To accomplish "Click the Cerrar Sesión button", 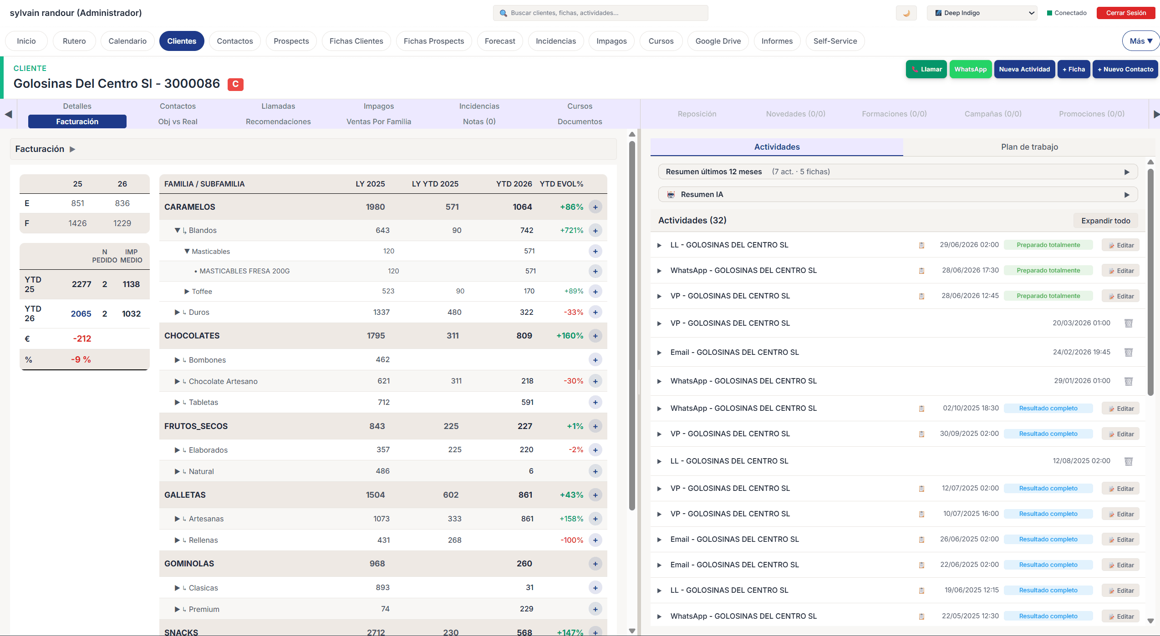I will (1125, 13).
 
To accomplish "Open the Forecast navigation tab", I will (499, 41).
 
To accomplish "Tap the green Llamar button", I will (926, 69).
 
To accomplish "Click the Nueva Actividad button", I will (1024, 69).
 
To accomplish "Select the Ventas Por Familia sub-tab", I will (378, 121).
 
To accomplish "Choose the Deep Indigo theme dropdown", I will (982, 13).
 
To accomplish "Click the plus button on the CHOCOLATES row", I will (595, 336).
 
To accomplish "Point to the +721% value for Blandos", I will (571, 230).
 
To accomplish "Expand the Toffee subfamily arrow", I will (187, 292).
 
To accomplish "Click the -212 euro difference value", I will (82, 338).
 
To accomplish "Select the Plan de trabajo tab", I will (1029, 147).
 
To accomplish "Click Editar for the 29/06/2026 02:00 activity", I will (1120, 245).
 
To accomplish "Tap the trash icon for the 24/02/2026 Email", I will (1128, 352).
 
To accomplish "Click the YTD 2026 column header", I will (514, 184).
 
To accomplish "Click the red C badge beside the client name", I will (235, 84).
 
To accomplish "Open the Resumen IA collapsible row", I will (897, 194).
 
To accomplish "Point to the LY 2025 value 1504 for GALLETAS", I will (375, 495).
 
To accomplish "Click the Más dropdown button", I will (1140, 41).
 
